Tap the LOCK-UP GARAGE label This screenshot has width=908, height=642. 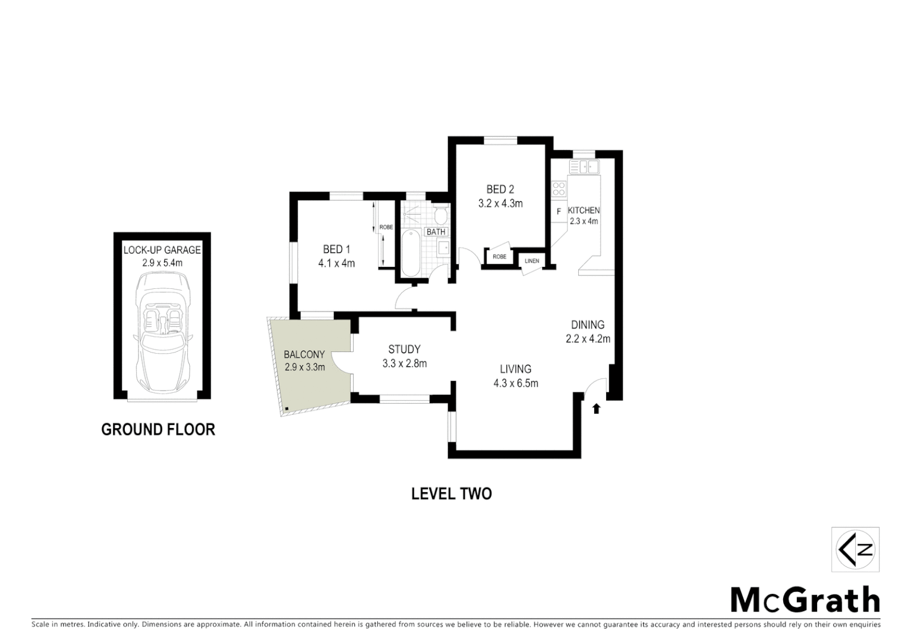(x=162, y=250)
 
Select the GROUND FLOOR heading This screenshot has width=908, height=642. (x=158, y=429)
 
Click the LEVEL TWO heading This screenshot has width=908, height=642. (x=452, y=494)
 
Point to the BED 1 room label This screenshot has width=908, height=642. (x=336, y=250)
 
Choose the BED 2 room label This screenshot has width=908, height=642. (x=500, y=190)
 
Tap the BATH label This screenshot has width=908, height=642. (x=436, y=232)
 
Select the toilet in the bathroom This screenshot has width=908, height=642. (x=440, y=214)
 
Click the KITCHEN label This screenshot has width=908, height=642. (x=584, y=210)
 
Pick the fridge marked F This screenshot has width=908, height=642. (x=559, y=211)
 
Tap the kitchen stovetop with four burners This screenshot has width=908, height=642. (x=559, y=188)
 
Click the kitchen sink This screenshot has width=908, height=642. (x=584, y=166)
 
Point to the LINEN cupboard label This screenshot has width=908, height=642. (x=532, y=261)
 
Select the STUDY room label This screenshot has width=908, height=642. (x=404, y=350)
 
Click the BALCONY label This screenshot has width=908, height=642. (x=304, y=355)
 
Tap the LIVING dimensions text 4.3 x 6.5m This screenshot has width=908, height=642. (x=515, y=383)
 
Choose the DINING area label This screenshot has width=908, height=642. (x=588, y=325)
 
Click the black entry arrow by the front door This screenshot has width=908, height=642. (x=596, y=408)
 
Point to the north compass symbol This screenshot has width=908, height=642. (x=855, y=549)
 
